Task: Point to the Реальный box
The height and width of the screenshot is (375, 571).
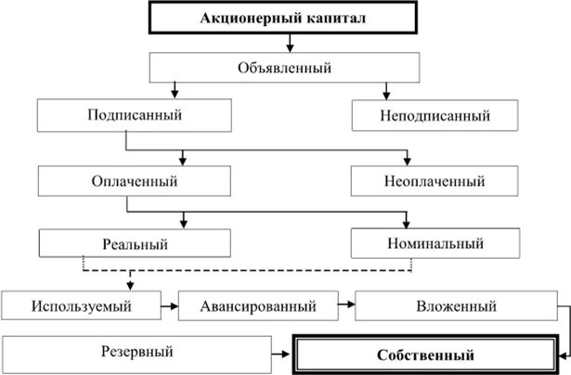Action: [130, 244]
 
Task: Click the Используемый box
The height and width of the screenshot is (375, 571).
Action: [80, 305]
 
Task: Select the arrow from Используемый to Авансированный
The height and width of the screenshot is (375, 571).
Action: [168, 305]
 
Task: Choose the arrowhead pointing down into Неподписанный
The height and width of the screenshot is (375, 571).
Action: [385, 95]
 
